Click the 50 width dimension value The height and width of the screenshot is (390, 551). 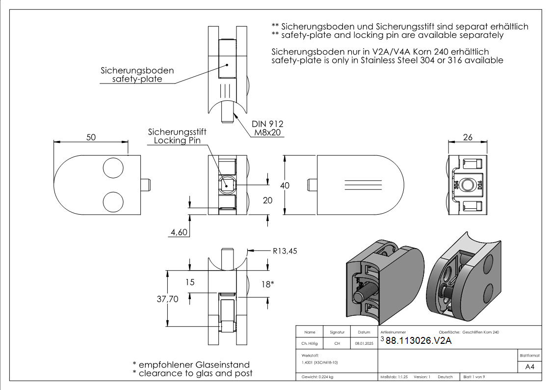(91, 137)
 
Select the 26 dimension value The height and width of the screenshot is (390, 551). (468, 137)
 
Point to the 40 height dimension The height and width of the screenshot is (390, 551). (285, 185)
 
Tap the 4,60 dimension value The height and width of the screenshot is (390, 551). (179, 232)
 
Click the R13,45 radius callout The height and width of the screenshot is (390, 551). (285, 251)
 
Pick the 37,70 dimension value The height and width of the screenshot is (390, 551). (168, 299)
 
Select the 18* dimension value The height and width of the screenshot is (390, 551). (267, 284)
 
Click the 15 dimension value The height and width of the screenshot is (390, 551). (190, 282)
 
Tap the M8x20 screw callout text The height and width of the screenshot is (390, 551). (267, 133)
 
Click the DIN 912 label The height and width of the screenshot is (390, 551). (267, 124)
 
